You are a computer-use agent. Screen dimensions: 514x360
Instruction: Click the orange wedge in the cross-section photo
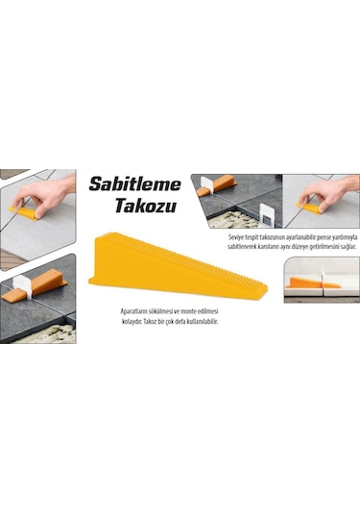[x=312, y=283]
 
